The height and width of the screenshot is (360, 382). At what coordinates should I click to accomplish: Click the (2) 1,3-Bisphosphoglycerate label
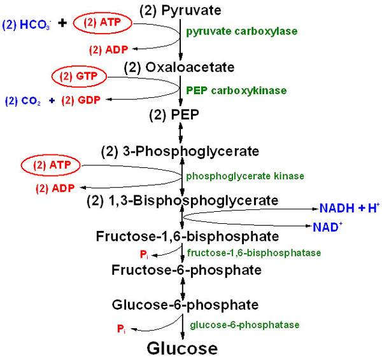(183, 202)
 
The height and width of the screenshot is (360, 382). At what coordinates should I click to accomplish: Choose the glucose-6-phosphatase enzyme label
(243, 324)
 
